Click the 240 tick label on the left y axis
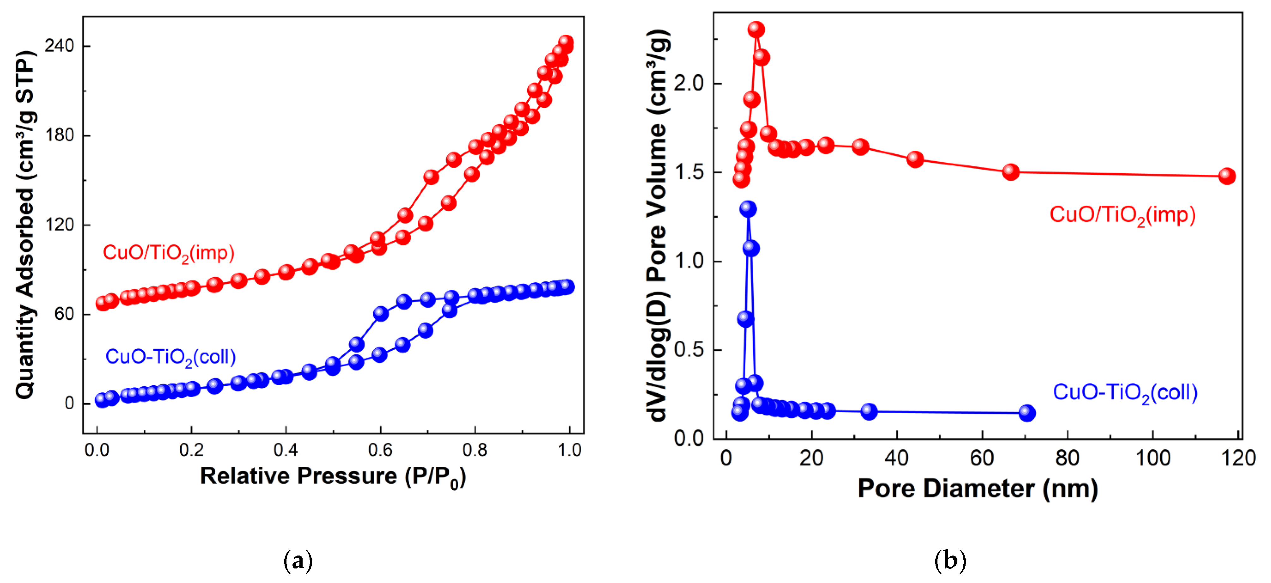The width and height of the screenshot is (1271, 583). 59,46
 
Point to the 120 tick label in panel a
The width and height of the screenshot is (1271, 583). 59,225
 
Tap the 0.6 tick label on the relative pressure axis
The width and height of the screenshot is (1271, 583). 380,450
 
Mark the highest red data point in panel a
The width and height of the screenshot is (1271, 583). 566,42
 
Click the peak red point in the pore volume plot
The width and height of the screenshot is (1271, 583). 756,30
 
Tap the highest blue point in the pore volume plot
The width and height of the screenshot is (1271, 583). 748,209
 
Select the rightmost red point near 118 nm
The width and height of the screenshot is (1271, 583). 1226,176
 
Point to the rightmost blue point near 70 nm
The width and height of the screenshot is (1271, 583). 1027,412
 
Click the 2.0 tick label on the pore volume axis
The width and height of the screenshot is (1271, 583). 689,83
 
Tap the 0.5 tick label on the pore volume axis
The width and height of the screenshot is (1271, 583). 689,350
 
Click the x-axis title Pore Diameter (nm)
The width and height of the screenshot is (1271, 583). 978,489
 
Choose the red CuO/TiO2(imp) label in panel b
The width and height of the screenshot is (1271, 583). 1122,215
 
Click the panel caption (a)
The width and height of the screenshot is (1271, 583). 298,561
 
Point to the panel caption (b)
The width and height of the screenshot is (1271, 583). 950,561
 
